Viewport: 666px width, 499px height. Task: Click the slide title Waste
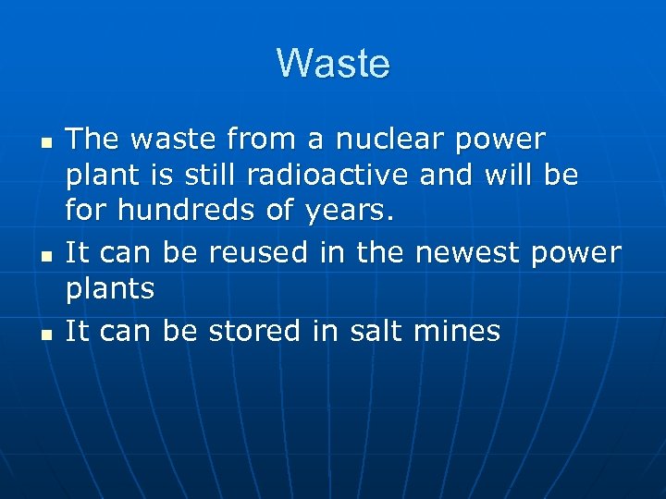pos(333,64)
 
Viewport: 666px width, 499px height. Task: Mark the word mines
pos(456,330)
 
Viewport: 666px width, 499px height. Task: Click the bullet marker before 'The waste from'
pos(44,145)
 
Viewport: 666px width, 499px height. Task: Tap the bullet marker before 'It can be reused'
pos(44,258)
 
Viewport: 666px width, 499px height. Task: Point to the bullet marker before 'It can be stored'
pos(44,335)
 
